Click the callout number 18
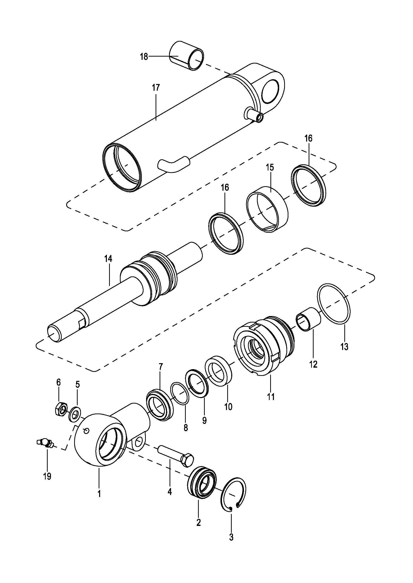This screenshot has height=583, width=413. [x=144, y=56]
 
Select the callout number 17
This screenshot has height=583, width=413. [x=156, y=87]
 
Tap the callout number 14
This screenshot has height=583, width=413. [x=108, y=259]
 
